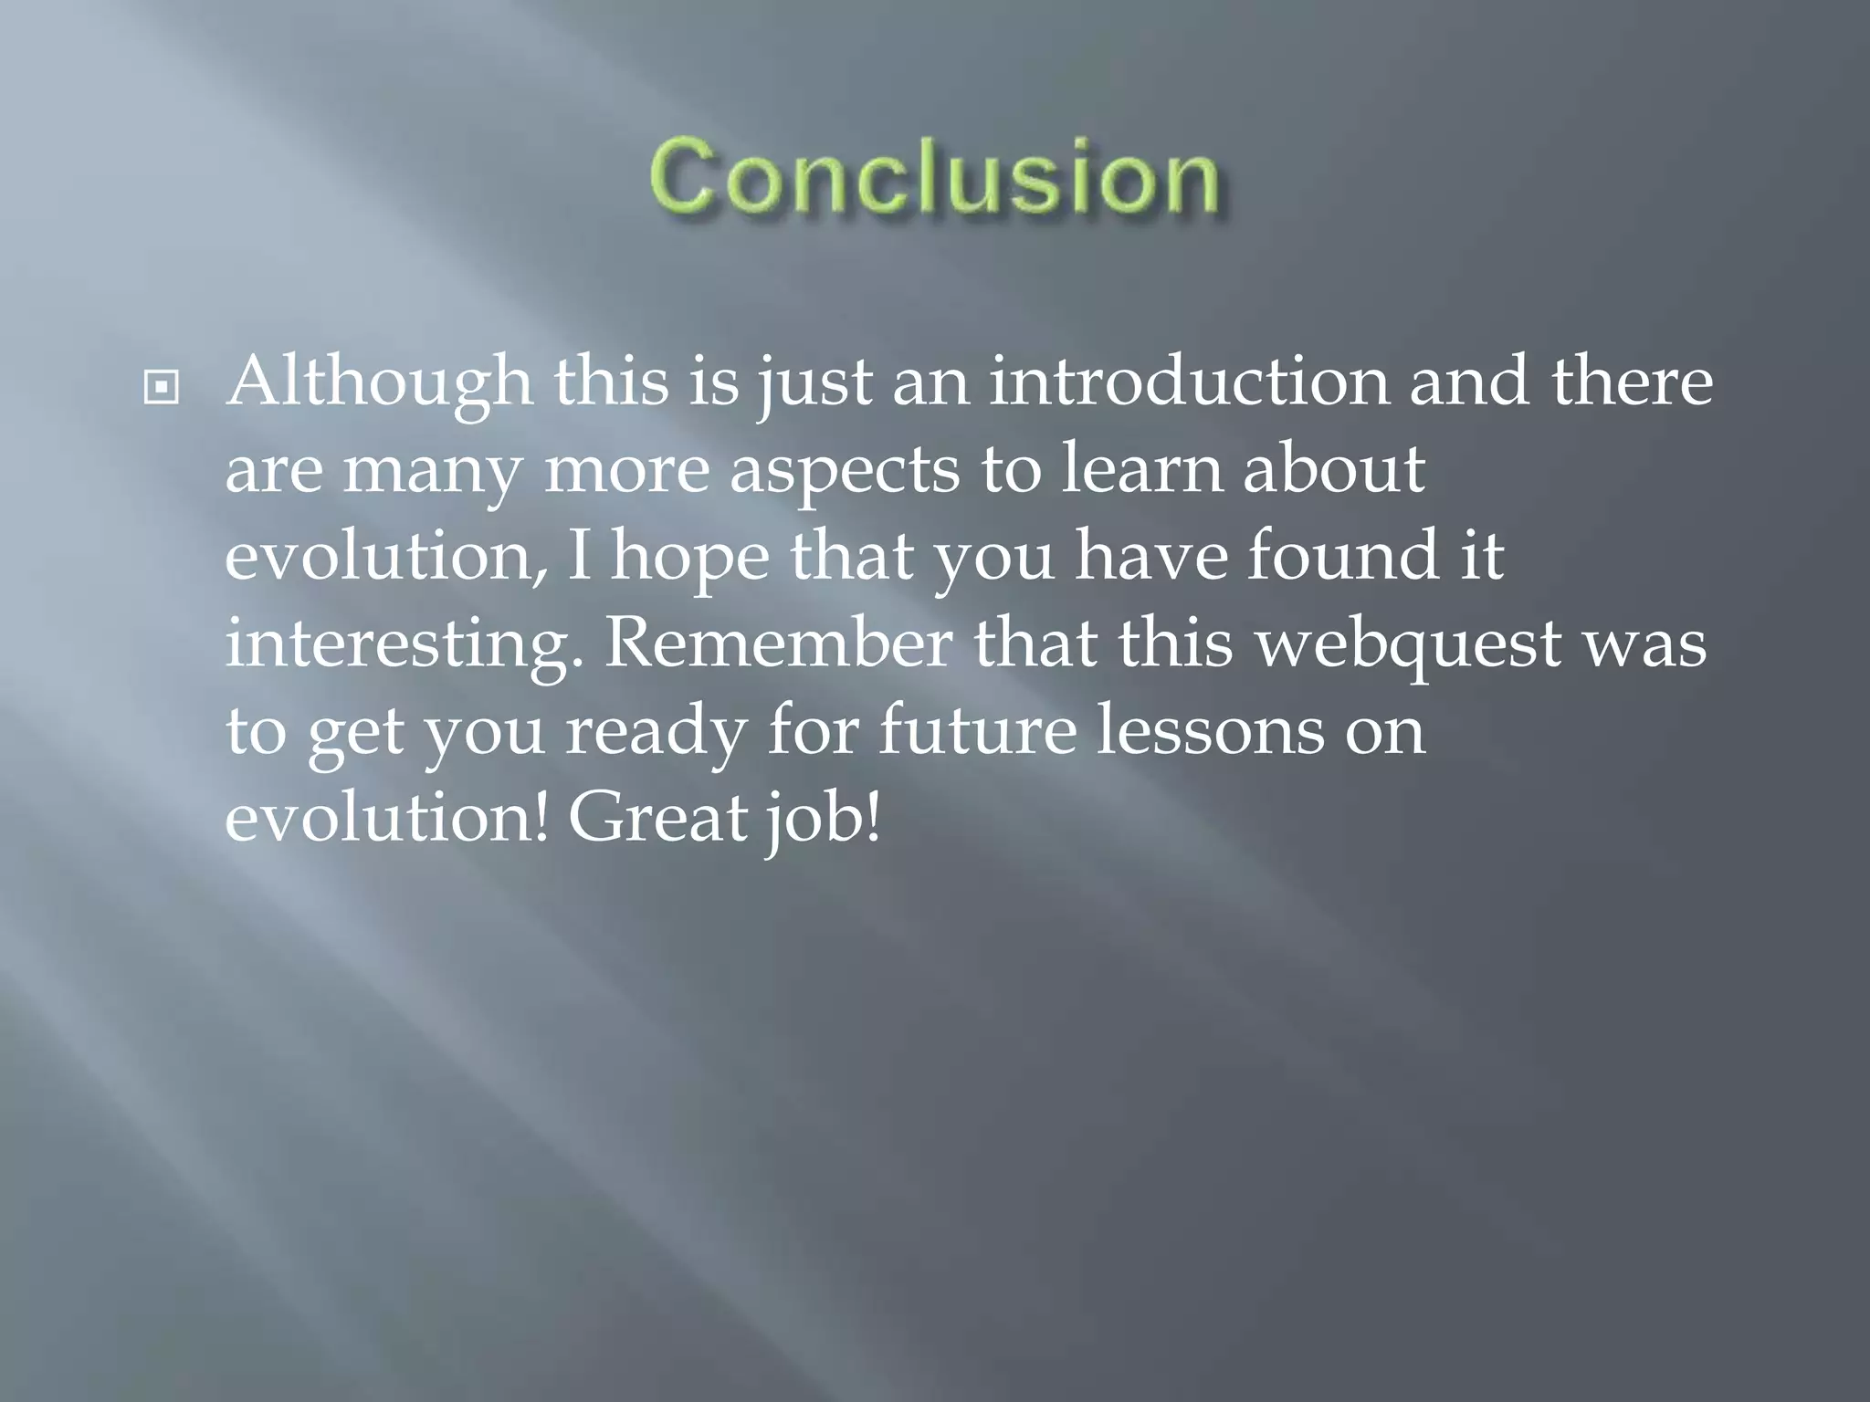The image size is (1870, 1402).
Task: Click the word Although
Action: pyautogui.click(x=379, y=383)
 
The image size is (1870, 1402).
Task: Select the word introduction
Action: pyautogui.click(x=1189, y=382)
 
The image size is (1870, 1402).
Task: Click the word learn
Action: pyautogui.click(x=1141, y=469)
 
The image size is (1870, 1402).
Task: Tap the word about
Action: pyautogui.click(x=1333, y=469)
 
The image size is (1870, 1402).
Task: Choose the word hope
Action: pyautogui.click(x=690, y=557)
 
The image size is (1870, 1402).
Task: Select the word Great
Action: pyautogui.click(x=657, y=818)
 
